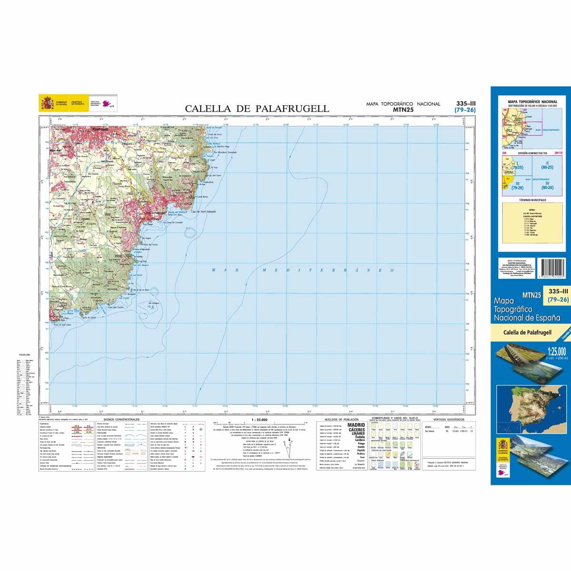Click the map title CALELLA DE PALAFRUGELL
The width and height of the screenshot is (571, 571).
[x=256, y=108]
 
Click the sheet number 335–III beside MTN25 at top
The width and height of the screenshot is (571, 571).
[x=465, y=103]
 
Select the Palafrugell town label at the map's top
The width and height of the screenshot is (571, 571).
[x=99, y=129]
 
